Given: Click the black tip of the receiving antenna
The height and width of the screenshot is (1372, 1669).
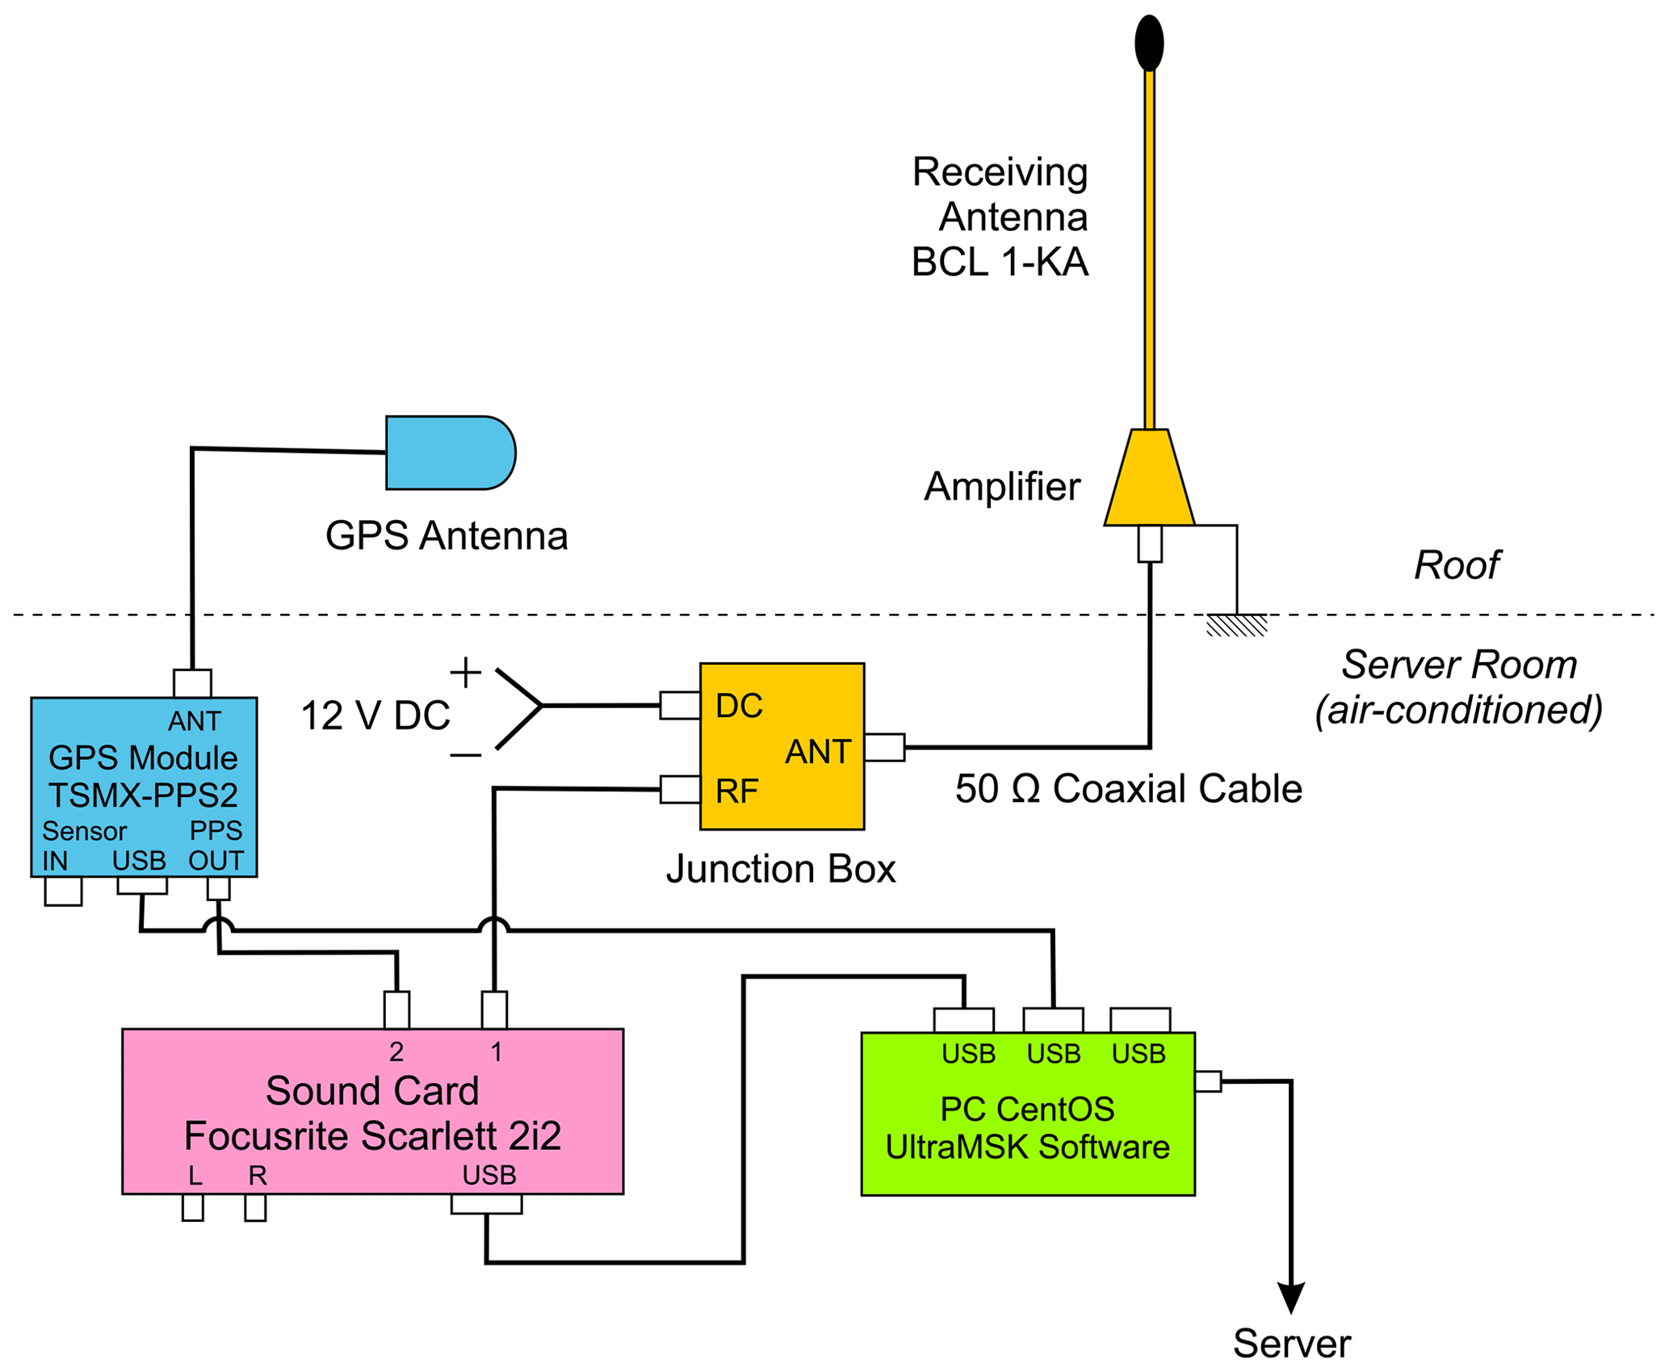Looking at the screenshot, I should point(1148,43).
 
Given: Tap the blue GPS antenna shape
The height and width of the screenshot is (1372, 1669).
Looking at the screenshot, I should point(449,453).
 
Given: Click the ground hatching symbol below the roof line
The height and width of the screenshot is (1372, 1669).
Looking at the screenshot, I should point(1236,626).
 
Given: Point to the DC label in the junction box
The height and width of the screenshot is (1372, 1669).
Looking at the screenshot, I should point(738,706).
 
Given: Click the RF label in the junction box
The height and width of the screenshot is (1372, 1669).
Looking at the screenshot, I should point(736,791).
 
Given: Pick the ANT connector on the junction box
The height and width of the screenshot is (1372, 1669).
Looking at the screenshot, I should point(885,748).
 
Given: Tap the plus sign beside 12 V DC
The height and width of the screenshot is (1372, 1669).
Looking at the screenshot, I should point(465,672).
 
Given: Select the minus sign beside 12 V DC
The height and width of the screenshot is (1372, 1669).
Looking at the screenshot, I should point(465,756).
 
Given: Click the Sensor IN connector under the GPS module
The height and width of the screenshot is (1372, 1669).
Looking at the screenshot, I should point(63,892).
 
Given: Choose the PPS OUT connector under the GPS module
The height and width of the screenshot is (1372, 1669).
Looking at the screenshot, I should point(219,888).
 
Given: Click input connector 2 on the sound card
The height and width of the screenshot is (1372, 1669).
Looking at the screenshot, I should point(396,1009).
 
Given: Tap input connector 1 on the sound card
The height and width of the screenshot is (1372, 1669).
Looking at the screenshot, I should point(494,1009).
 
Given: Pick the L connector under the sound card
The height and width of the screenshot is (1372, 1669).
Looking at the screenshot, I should point(192,1208).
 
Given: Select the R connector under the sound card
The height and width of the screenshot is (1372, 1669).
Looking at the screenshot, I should point(255,1208).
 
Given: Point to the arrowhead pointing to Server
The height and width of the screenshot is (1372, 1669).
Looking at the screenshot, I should point(1291,1297).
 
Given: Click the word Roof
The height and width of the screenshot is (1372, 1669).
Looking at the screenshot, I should point(1457,565).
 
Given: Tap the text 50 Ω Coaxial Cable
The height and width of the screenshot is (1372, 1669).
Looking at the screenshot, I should point(1128,789).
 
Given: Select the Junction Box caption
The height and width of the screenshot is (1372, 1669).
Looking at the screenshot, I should point(781,869).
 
